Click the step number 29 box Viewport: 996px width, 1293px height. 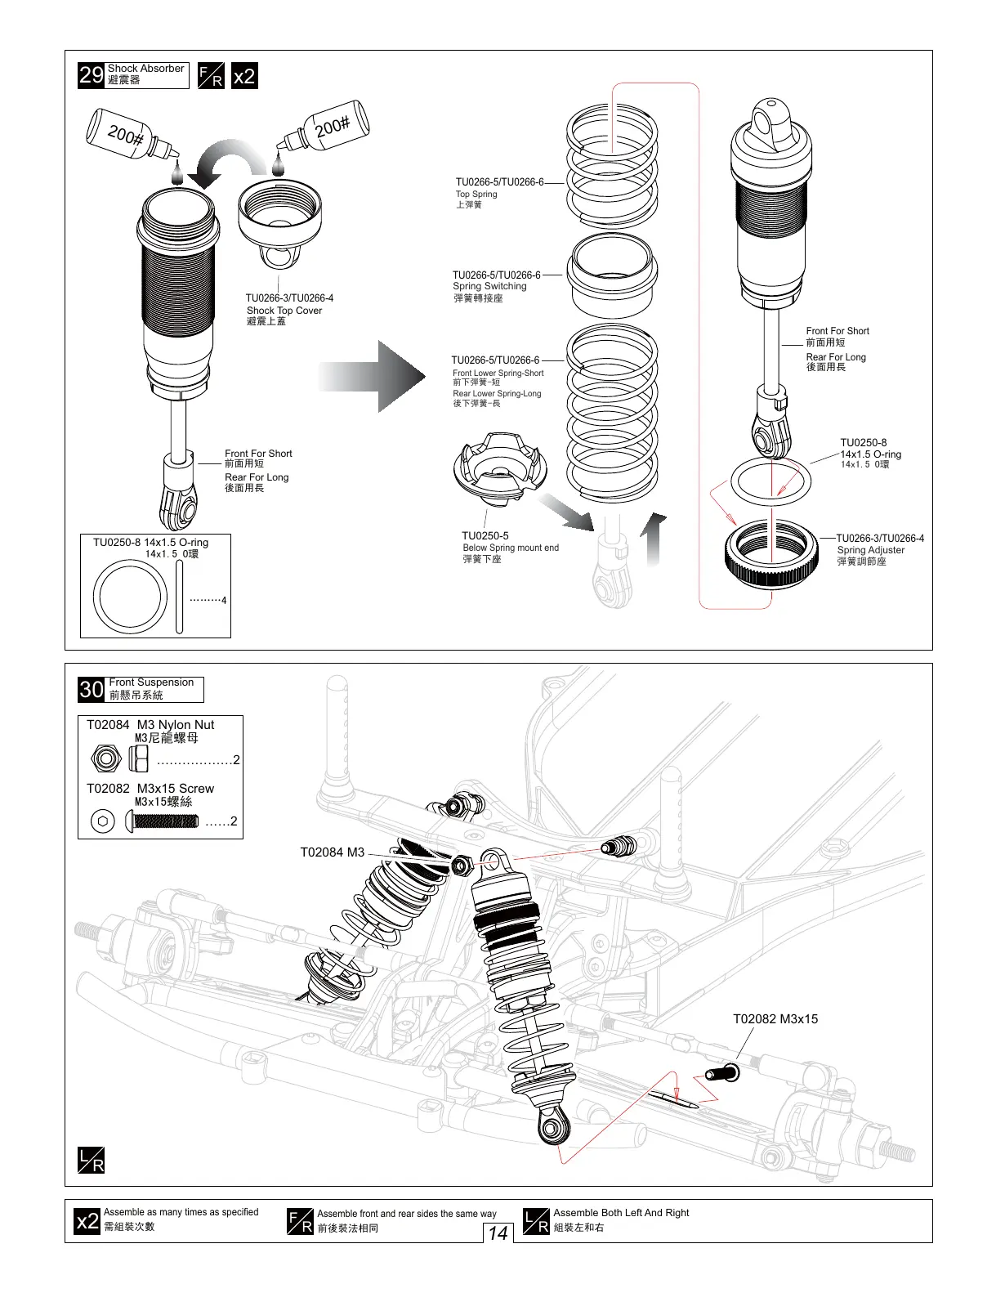point(90,76)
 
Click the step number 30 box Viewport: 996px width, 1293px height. point(91,690)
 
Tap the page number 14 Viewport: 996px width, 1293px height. point(498,1233)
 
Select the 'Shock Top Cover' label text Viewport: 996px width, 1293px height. point(284,311)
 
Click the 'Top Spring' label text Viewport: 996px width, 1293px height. point(476,195)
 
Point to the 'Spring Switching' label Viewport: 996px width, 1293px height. point(489,287)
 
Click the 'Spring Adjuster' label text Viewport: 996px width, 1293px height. point(870,550)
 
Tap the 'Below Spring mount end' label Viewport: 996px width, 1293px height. point(511,548)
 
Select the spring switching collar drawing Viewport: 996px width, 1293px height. point(613,275)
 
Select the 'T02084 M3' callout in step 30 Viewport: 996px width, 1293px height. point(332,852)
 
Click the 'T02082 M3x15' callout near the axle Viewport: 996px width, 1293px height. point(775,1019)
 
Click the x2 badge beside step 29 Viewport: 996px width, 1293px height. point(244,76)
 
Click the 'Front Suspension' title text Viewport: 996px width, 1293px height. point(151,682)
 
